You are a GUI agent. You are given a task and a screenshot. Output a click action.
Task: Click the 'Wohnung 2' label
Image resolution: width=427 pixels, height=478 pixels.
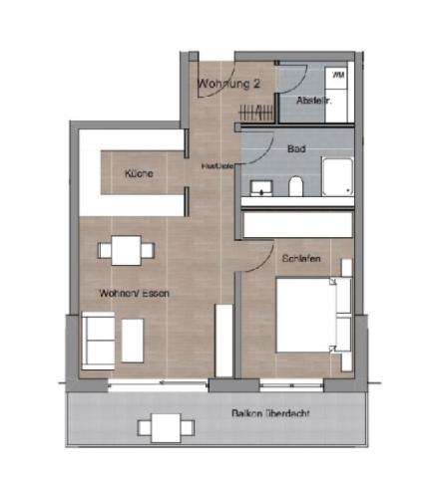point(228,84)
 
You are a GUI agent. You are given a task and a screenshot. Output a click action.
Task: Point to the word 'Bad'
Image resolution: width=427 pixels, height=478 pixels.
point(296,148)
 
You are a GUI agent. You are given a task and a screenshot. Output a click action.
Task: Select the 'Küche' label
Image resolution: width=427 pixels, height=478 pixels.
point(139,174)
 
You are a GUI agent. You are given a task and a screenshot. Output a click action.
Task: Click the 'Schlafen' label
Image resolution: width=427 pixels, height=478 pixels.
point(300,258)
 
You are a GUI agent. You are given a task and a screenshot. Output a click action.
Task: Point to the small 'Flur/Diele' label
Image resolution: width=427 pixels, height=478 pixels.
point(216,165)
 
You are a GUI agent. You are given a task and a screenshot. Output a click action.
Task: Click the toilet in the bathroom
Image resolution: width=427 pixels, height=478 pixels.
point(295,186)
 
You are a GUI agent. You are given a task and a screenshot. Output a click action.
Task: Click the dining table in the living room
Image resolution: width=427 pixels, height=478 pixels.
point(126,249)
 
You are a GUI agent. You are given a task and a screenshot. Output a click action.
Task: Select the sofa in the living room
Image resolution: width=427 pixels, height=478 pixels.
point(97,339)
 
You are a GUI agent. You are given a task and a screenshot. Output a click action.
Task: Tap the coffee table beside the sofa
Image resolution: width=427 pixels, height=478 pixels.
point(133,339)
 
